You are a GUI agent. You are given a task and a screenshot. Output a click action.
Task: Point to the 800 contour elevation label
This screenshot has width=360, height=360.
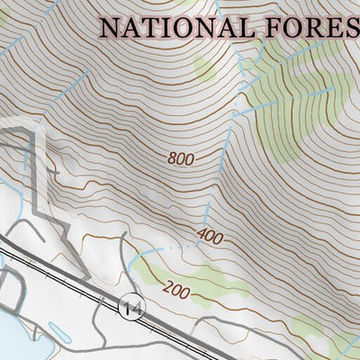[x=181, y=158]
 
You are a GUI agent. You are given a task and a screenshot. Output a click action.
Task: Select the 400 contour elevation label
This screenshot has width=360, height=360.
[x=209, y=238]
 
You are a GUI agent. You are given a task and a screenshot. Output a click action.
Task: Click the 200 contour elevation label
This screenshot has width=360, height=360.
[x=177, y=290]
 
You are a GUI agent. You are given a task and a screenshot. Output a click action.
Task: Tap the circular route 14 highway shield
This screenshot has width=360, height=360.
[x=130, y=308]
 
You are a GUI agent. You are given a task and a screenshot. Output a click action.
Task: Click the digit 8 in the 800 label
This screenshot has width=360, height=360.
[x=172, y=158]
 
